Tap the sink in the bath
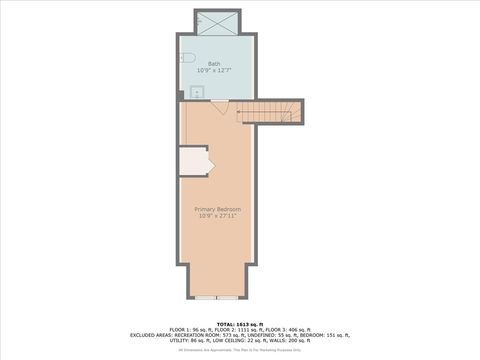coord(196,91)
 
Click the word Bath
coord(214,64)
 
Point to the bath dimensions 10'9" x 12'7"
coord(214,70)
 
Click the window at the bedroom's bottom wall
coord(217,297)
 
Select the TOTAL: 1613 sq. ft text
coord(240,323)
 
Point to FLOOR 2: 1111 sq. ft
coord(238,329)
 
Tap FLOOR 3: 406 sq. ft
coord(290,329)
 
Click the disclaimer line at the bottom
coord(240,350)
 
